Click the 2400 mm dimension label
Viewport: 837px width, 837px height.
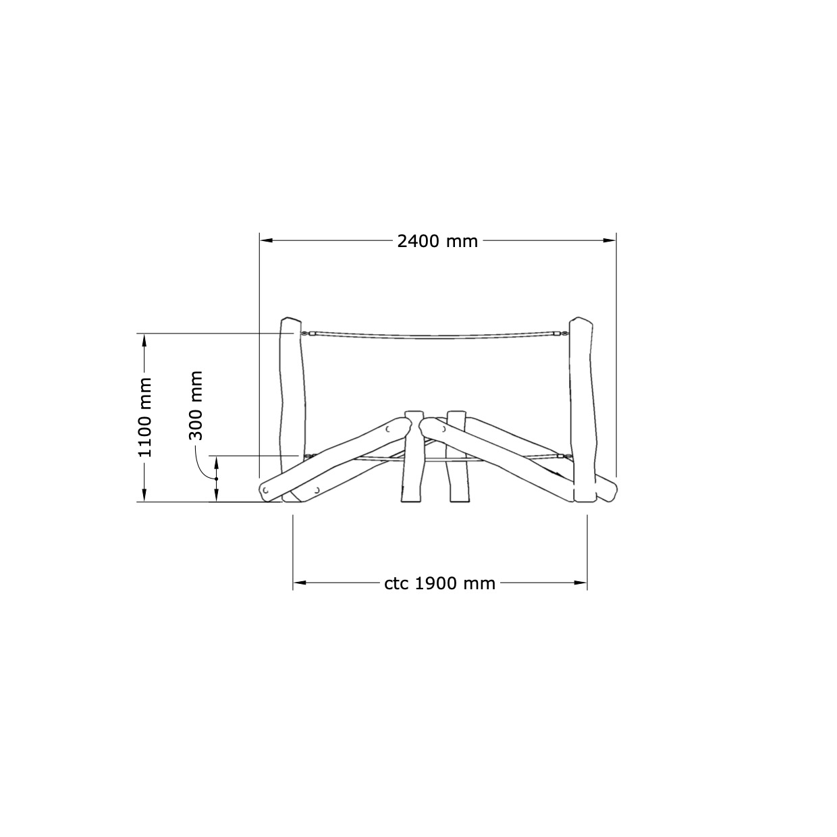pyautogui.click(x=437, y=241)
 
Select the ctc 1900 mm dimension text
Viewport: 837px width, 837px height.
pyautogui.click(x=439, y=583)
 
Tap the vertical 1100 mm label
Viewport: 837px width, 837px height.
pyautogui.click(x=144, y=417)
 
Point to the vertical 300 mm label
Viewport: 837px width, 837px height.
pyautogui.click(x=196, y=406)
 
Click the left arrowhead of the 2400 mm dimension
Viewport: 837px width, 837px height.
pyautogui.click(x=266, y=240)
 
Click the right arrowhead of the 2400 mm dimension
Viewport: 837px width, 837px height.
pyautogui.click(x=610, y=240)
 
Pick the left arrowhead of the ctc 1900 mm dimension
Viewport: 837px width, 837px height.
pyautogui.click(x=299, y=583)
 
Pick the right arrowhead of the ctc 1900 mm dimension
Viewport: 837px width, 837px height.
pyautogui.click(x=580, y=583)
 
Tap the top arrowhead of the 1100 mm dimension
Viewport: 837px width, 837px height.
pyautogui.click(x=144, y=340)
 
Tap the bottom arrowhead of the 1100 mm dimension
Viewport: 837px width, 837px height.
pyautogui.click(x=144, y=495)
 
